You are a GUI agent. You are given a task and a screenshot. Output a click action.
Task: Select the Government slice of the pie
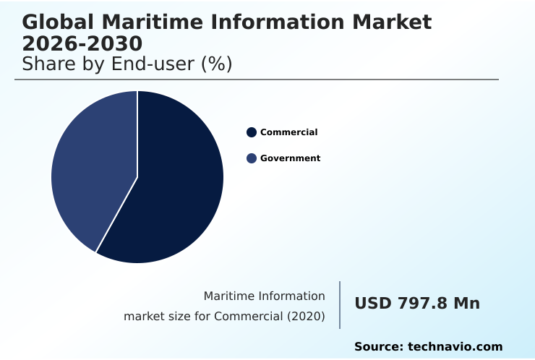pyautogui.click(x=90, y=170)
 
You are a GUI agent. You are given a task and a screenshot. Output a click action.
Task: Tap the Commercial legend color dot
pyautogui.click(x=252, y=132)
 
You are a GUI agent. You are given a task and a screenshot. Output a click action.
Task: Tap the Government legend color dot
pyautogui.click(x=252, y=158)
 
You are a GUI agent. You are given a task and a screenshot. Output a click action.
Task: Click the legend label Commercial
pyautogui.click(x=288, y=132)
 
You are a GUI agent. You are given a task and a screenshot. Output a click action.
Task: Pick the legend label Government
pyautogui.click(x=290, y=158)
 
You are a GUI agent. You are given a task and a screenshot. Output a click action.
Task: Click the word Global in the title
pyautogui.click(x=57, y=22)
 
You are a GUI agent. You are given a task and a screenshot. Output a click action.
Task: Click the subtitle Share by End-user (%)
pyautogui.click(x=127, y=64)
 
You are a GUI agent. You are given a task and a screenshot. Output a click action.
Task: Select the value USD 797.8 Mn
pyautogui.click(x=417, y=304)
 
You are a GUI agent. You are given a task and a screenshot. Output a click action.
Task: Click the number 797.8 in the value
pyautogui.click(x=422, y=304)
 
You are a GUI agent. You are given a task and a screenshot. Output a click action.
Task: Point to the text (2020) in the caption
pyautogui.click(x=307, y=317)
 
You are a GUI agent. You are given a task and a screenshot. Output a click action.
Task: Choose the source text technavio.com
pyautogui.click(x=455, y=347)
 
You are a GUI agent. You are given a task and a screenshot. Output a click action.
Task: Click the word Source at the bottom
pyautogui.click(x=377, y=347)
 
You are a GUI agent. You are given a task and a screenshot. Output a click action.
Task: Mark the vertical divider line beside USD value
pyautogui.click(x=340, y=305)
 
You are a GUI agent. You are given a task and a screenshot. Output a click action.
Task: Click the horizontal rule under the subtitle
pyautogui.click(x=257, y=80)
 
